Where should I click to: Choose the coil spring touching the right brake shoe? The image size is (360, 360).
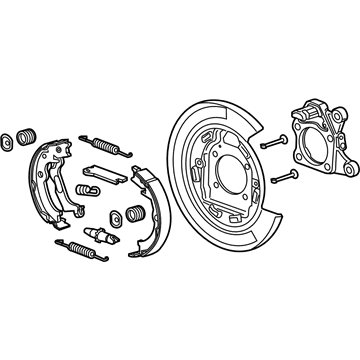130,212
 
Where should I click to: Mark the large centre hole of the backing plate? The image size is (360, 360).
232,170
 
